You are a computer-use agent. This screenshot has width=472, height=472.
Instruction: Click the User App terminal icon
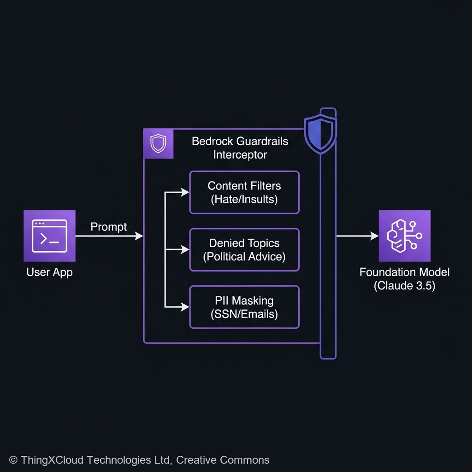coord(49,236)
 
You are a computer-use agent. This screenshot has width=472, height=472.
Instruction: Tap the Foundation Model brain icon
coord(404,236)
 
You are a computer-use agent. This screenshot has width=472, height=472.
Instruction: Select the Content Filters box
coord(244,192)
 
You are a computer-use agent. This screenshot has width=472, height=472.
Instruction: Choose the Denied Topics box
coord(244,249)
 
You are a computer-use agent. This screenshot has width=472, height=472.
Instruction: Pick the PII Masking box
coord(244,307)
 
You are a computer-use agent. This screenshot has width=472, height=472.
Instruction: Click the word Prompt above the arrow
coord(109,226)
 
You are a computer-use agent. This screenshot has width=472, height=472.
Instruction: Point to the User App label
coord(49,272)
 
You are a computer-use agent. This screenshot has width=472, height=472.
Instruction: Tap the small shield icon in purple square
coord(159,144)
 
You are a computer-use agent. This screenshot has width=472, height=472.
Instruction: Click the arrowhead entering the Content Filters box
coord(185,192)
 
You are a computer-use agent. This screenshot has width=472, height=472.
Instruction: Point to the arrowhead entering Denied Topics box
coord(185,249)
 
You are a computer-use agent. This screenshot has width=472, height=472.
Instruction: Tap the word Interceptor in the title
coord(240,155)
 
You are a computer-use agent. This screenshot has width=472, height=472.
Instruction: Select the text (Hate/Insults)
coord(244,200)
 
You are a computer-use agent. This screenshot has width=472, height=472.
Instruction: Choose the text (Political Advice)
coord(244,257)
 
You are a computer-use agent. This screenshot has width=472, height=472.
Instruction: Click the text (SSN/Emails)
coord(244,314)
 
